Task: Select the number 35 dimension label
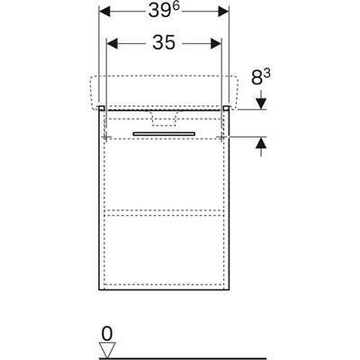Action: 164,42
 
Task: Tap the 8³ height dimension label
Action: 260,77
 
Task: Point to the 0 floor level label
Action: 107,333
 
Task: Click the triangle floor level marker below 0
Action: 107,350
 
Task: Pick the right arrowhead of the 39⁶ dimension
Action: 223,12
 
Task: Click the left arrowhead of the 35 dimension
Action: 112,43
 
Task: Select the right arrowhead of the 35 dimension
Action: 216,43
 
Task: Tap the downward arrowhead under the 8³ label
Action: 261,103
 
